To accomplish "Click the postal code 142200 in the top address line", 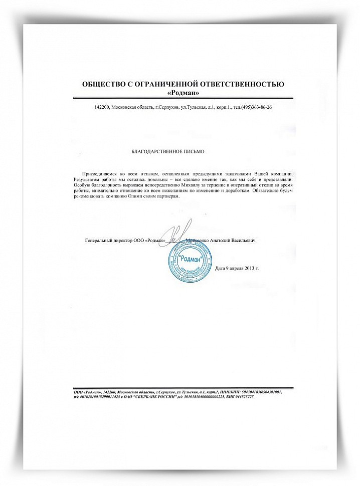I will click(102, 108).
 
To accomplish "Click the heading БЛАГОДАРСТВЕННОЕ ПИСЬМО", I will click(168, 150).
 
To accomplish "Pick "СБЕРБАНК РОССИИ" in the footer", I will click(159, 396).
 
